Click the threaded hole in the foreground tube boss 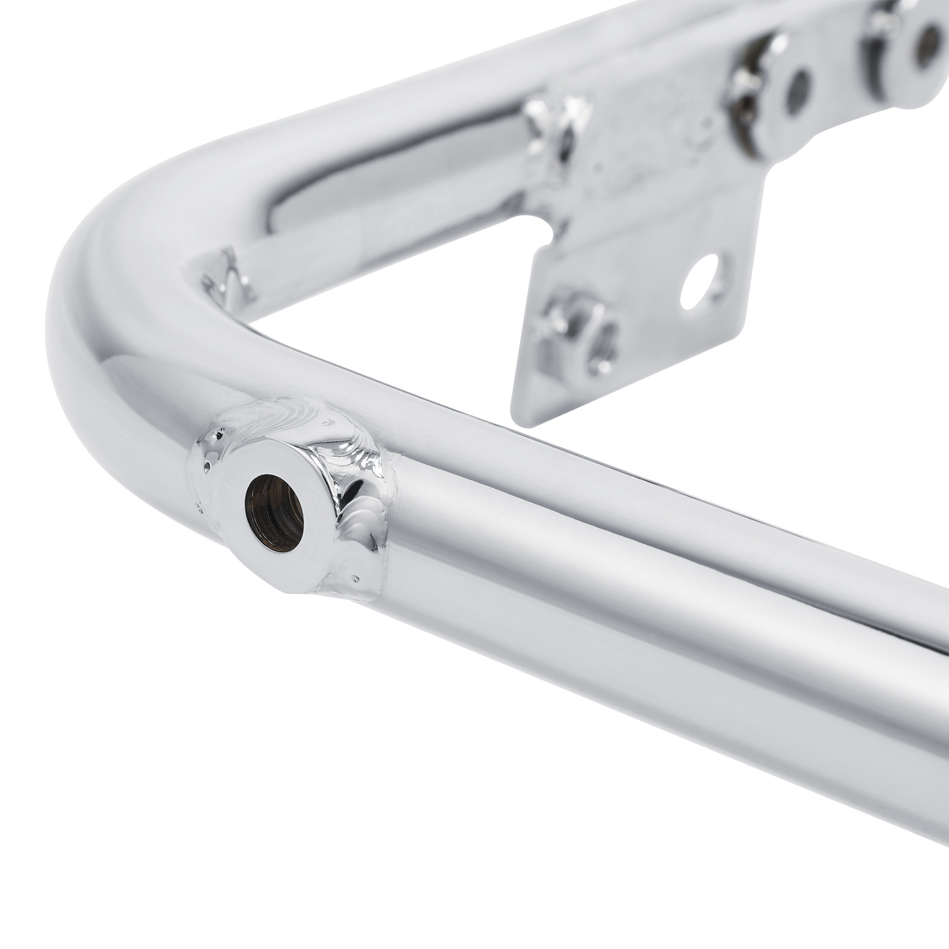pyautogui.click(x=274, y=514)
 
